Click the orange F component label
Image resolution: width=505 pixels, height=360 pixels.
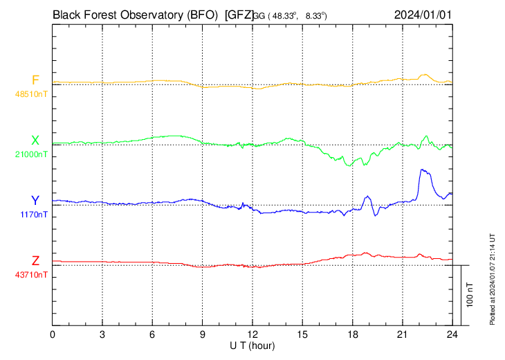pyautogui.click(x=35, y=80)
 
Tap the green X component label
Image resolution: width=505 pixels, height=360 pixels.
pyautogui.click(x=35, y=141)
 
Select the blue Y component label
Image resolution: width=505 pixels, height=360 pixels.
pyautogui.click(x=35, y=201)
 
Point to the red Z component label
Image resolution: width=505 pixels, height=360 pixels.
pyautogui.click(x=35, y=261)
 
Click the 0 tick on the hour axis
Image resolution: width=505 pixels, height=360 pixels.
pyautogui.click(x=53, y=334)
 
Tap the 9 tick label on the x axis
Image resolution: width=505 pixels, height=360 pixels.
pyautogui.click(x=203, y=334)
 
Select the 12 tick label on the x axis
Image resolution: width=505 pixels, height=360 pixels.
pyautogui.click(x=252, y=334)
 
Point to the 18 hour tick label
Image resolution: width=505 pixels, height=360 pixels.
pyautogui.click(x=352, y=334)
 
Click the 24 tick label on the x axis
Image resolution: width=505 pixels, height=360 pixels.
pyautogui.click(x=452, y=334)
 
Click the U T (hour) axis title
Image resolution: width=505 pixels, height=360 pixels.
pyautogui.click(x=252, y=345)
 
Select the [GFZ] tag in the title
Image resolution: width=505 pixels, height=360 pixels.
pyautogui.click(x=239, y=14)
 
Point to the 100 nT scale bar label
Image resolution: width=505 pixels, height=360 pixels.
pyautogui.click(x=470, y=294)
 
